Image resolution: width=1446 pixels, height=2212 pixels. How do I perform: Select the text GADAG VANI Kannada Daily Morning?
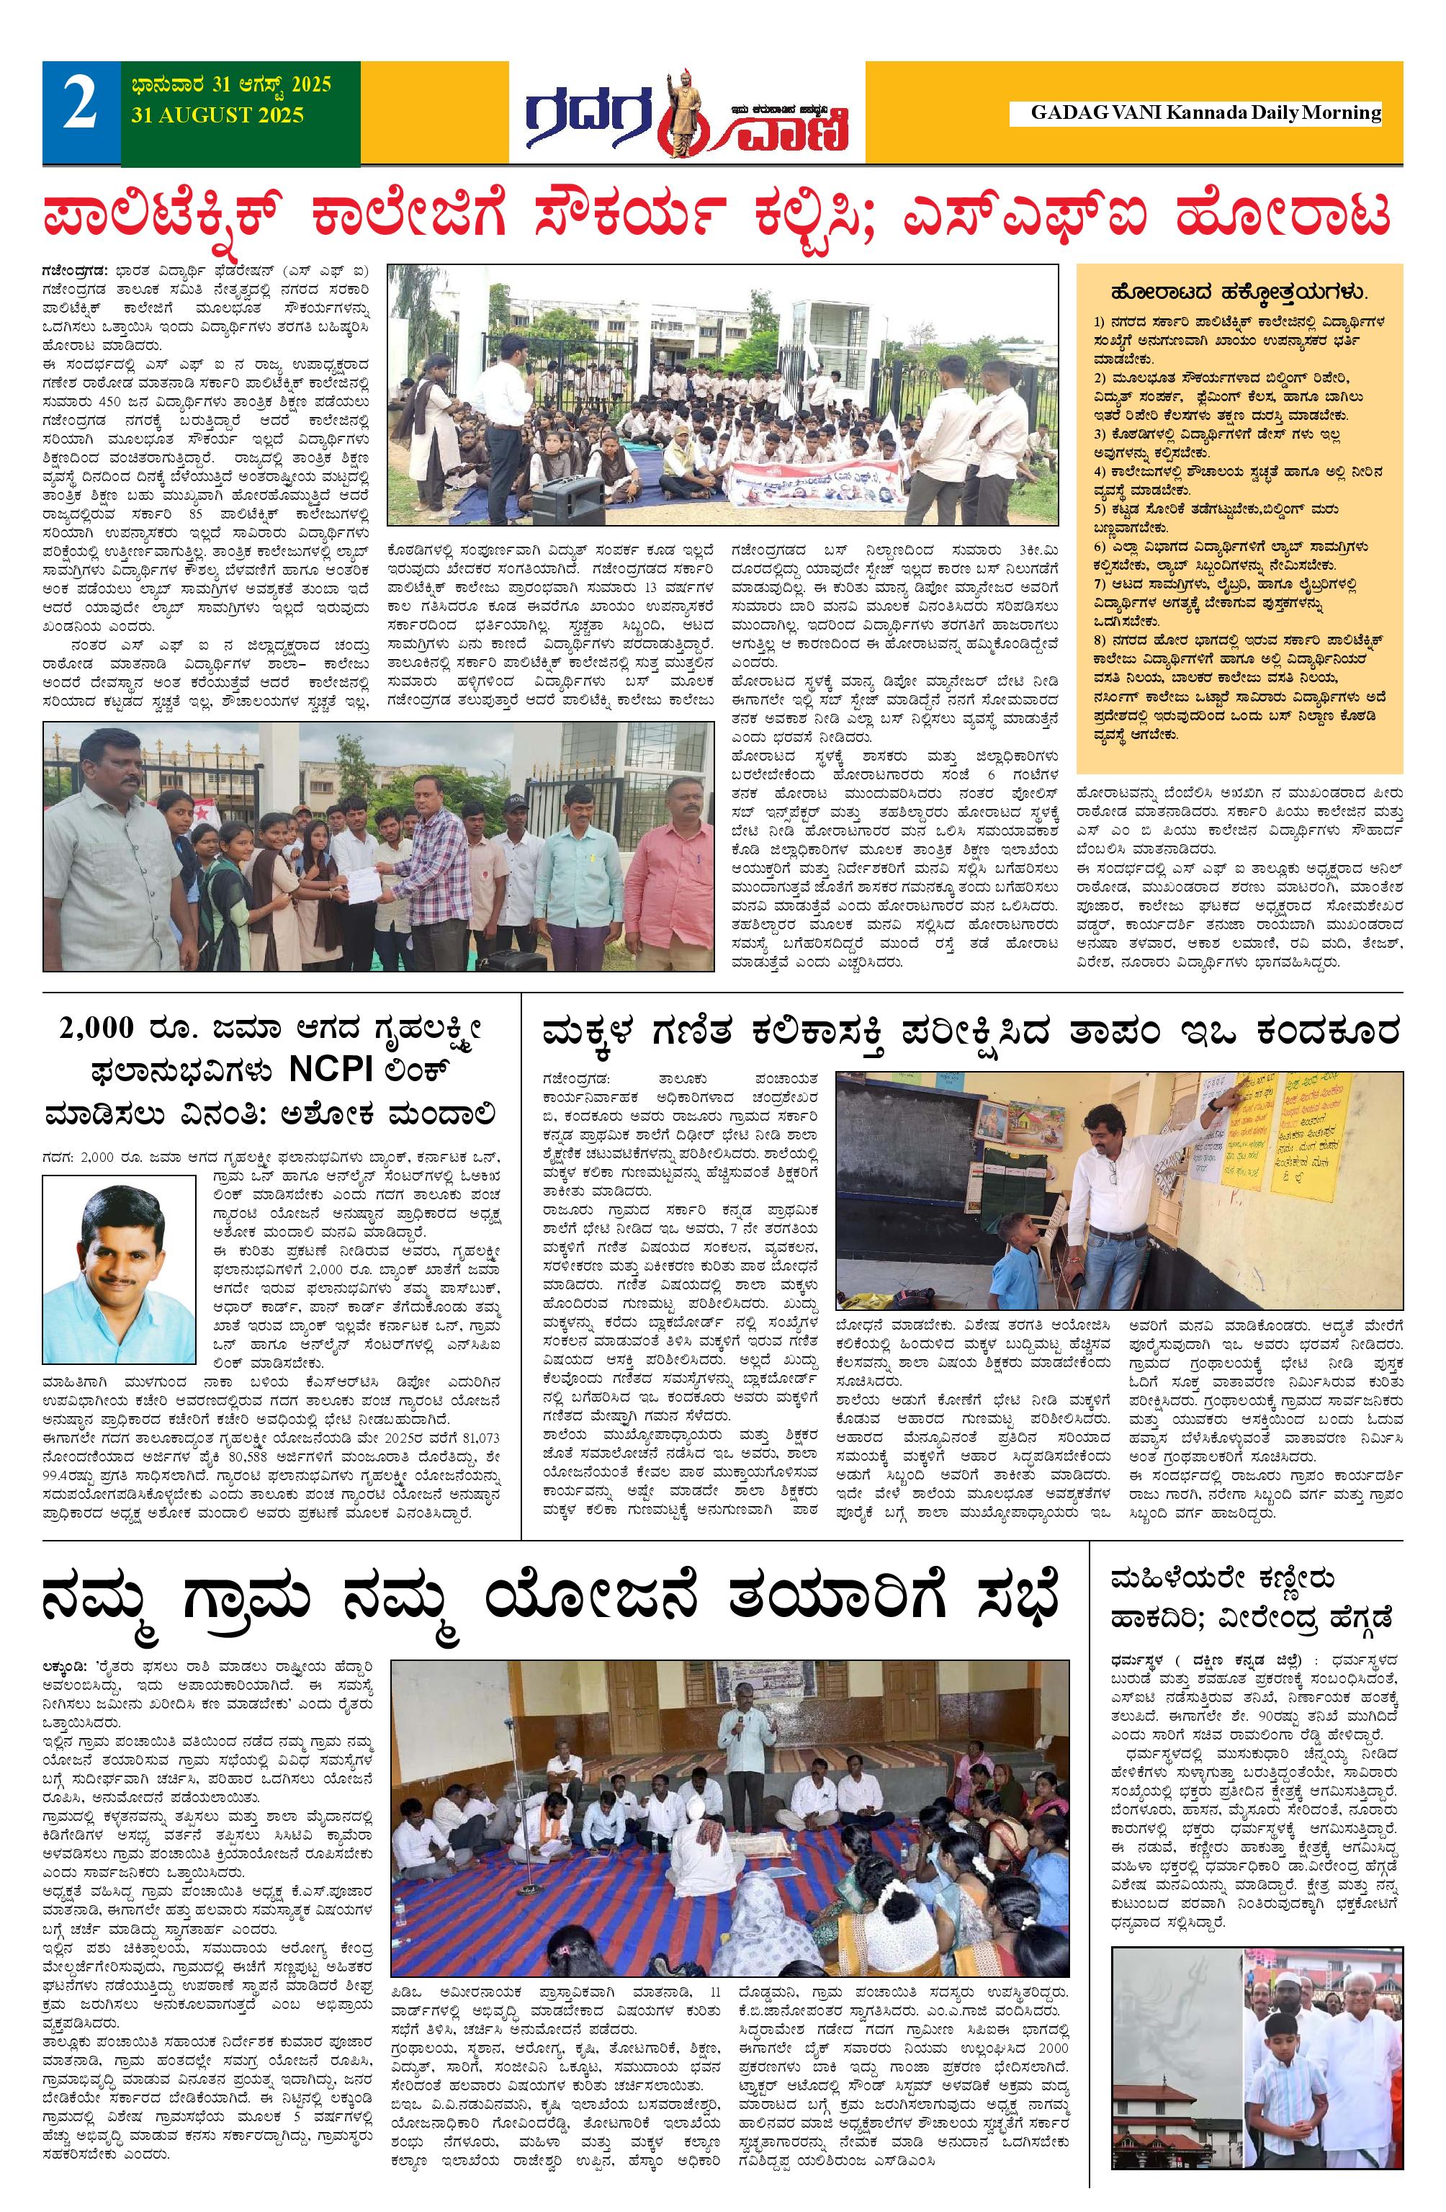point(1205,112)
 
